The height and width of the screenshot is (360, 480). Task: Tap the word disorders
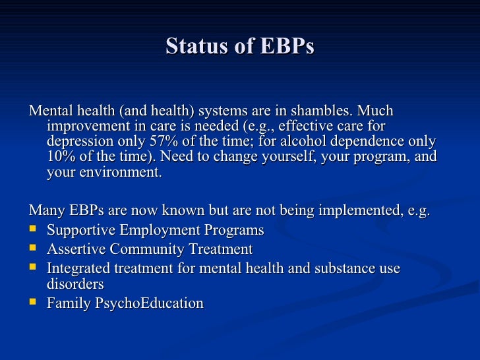[75, 285]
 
